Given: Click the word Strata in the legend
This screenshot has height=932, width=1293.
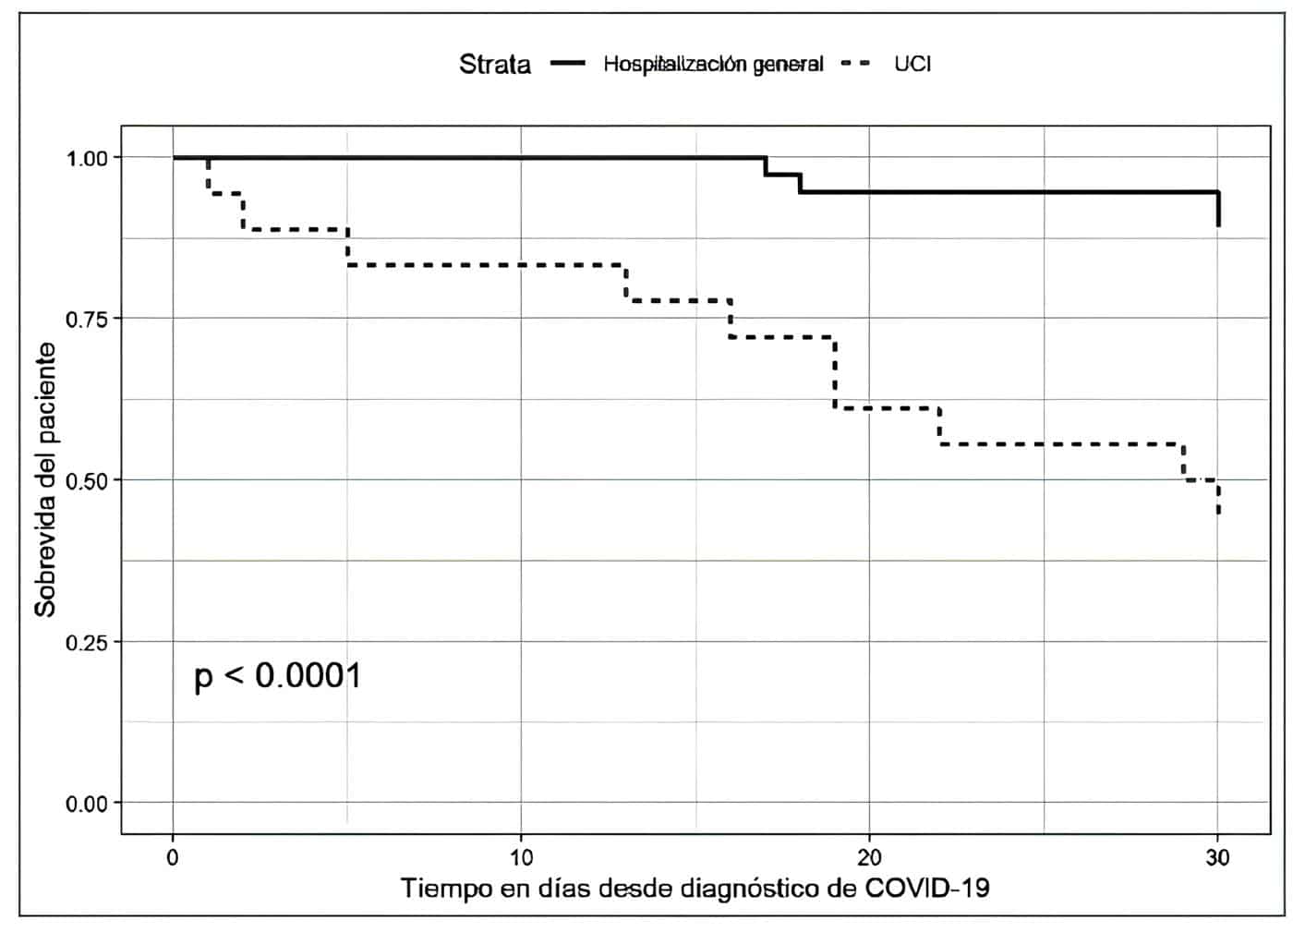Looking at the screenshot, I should point(495,65).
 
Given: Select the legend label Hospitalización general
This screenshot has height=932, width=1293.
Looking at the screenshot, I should point(713,64).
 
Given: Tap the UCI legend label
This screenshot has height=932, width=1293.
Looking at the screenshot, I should point(912,64).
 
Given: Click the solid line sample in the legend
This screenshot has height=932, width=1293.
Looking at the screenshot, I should point(568,64).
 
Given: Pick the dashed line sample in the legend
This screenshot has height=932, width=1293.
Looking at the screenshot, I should point(858,64).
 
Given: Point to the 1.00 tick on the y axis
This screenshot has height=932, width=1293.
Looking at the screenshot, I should point(87,158).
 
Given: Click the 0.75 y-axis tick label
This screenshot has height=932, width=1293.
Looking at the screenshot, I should point(87,319).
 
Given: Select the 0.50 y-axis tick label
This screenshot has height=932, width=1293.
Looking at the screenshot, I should point(87,480).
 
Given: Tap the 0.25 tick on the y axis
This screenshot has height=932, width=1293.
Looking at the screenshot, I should point(87,642).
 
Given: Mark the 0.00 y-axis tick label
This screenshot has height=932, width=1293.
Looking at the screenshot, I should point(87,804).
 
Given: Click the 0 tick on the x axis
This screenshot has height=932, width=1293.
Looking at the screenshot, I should point(173,857).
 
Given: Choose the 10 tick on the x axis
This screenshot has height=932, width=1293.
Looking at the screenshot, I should point(521,857).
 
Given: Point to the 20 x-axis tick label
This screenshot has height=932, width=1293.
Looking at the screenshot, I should point(869,857).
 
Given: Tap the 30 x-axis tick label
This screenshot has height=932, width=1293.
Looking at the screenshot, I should point(1218,857).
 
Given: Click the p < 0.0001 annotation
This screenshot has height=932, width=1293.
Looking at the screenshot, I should point(278,676).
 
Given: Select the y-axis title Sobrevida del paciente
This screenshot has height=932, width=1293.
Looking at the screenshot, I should point(45,480).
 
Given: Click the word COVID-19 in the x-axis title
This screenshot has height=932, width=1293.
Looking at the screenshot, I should point(926,889).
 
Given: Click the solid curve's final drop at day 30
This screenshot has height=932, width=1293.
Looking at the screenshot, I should point(1218,209).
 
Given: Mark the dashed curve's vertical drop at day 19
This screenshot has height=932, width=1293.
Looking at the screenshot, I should point(835,373).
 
